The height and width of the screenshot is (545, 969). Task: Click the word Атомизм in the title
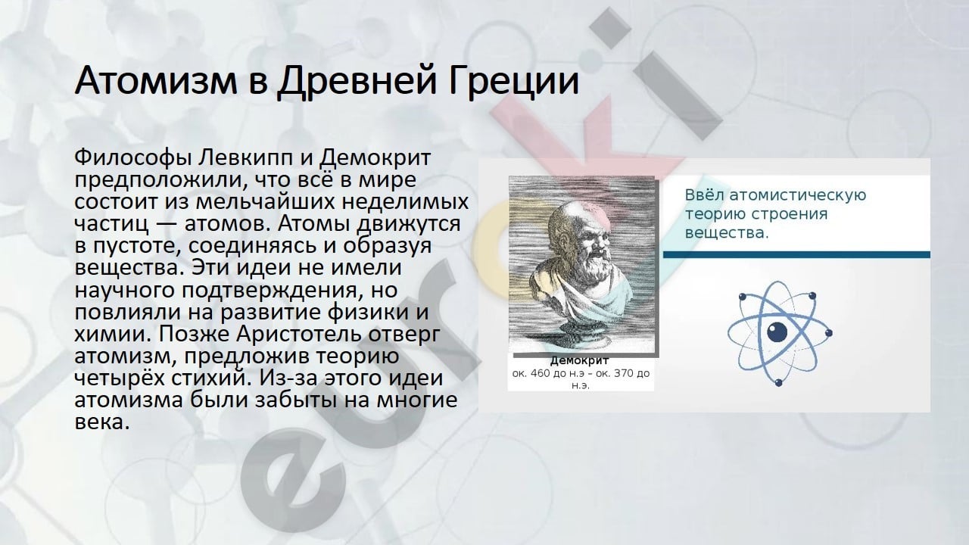tap(156, 80)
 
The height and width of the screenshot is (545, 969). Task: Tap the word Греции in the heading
tap(513, 81)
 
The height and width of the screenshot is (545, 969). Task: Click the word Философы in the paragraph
tap(132, 158)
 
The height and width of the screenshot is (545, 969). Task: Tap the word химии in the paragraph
tap(114, 334)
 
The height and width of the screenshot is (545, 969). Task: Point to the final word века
tap(102, 422)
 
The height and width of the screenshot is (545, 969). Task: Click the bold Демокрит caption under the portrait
tap(580, 361)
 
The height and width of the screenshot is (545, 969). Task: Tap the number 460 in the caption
tap(539, 373)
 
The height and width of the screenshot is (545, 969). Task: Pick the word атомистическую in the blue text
tap(798, 196)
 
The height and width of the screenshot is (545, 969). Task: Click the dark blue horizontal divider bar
tap(797, 255)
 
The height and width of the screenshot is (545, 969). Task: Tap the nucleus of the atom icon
tap(777, 332)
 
